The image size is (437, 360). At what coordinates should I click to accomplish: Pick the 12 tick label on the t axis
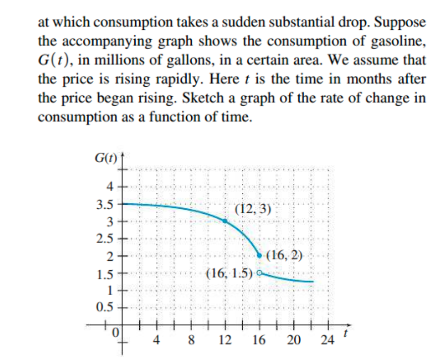225,341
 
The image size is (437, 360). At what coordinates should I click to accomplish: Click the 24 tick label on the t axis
328,341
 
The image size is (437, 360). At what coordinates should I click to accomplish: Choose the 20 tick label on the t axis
293,341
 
